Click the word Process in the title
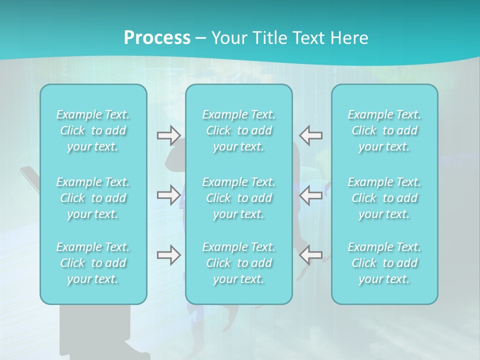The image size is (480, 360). tap(157, 38)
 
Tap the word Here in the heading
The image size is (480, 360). tap(349, 38)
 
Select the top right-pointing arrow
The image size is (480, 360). tap(168, 135)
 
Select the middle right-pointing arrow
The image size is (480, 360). tap(168, 195)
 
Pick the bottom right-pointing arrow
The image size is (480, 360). tap(168, 255)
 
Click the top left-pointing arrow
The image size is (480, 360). tap(310, 135)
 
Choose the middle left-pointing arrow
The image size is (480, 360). tap(310, 195)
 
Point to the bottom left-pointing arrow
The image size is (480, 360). tap(310, 255)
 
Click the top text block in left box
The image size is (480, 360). tap(93, 130)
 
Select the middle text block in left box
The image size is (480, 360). tap(93, 198)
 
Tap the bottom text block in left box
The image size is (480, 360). tap(93, 263)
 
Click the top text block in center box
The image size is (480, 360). tap(239, 130)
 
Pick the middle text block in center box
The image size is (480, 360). tap(239, 198)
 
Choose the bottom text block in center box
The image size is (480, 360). tap(239, 263)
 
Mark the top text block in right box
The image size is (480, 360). tap(384, 130)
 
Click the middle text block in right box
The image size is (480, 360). tap(384, 198)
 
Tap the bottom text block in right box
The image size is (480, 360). tap(384, 263)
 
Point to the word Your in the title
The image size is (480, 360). tap(228, 38)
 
